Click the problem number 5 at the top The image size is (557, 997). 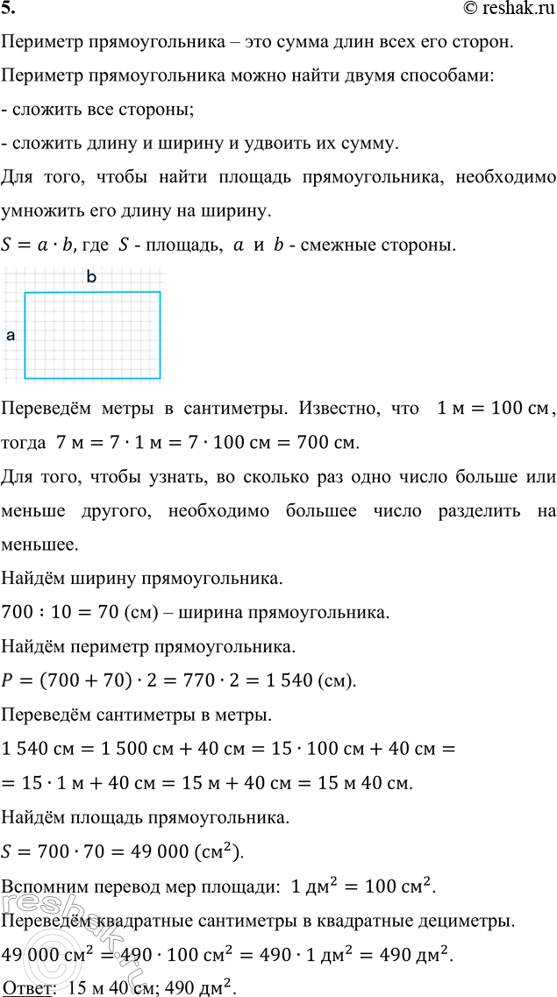(9, 9)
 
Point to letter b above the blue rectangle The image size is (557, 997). (90, 277)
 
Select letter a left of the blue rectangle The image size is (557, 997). (11, 335)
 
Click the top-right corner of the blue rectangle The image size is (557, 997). (161, 293)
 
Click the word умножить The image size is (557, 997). (42, 211)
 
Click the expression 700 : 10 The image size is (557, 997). (32, 613)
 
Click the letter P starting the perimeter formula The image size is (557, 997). (10, 681)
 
